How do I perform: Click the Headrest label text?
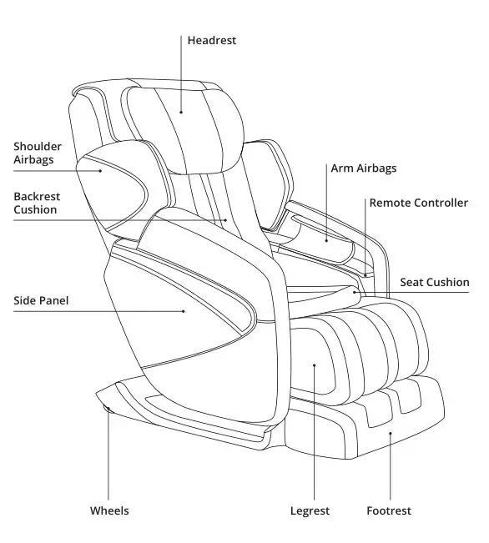tap(211, 40)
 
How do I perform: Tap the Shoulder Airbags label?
tap(37, 153)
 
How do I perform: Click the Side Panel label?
tap(41, 300)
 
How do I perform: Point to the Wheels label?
tap(109, 510)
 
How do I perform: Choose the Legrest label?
tap(310, 510)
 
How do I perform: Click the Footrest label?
tap(389, 510)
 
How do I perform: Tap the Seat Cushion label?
tap(434, 283)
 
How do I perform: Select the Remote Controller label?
tap(418, 203)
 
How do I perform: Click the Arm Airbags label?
tap(363, 168)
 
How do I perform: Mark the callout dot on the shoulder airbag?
tap(102, 170)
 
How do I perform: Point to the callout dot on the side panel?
tap(184, 311)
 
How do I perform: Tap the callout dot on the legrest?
tap(314, 365)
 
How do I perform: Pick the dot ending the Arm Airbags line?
tap(327, 237)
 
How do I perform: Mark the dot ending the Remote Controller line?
tap(365, 273)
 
